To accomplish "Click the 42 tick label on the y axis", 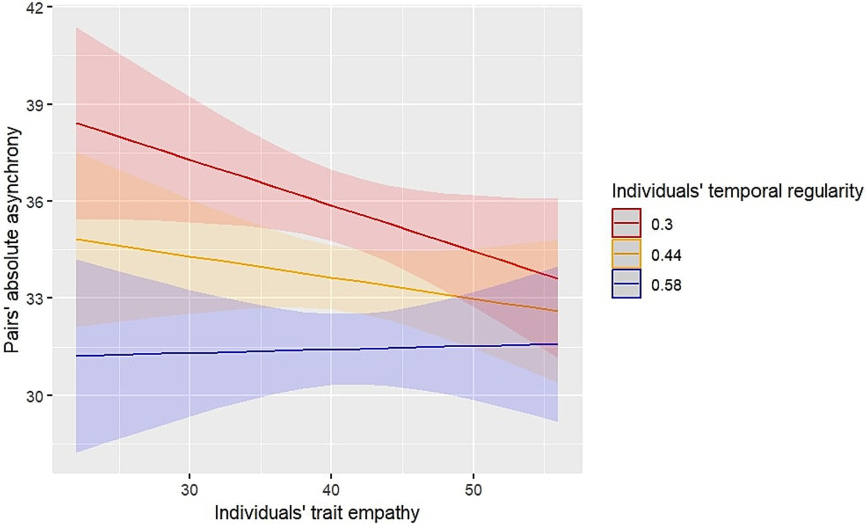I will [x=35, y=7].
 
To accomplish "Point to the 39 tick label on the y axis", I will [x=35, y=105].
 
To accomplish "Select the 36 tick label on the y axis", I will [x=35, y=202].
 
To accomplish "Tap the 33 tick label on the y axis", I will [x=35, y=299].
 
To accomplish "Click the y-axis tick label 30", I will [x=35, y=396].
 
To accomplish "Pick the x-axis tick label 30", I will [x=189, y=489].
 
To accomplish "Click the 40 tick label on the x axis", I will [x=331, y=489].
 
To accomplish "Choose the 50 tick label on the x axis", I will [x=473, y=489].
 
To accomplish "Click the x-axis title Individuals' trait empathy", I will [x=317, y=513].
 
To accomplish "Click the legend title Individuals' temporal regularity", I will [x=737, y=191].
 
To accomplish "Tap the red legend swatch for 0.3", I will [x=626, y=223].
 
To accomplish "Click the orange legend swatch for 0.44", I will [x=626, y=253].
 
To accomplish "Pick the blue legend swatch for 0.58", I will [x=626, y=283].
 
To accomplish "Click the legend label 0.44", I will [x=666, y=255].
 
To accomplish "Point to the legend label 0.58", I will [x=666, y=285].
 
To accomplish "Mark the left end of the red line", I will [x=77, y=123].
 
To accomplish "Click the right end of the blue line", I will [x=557, y=344].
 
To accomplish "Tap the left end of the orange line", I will [x=77, y=239].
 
